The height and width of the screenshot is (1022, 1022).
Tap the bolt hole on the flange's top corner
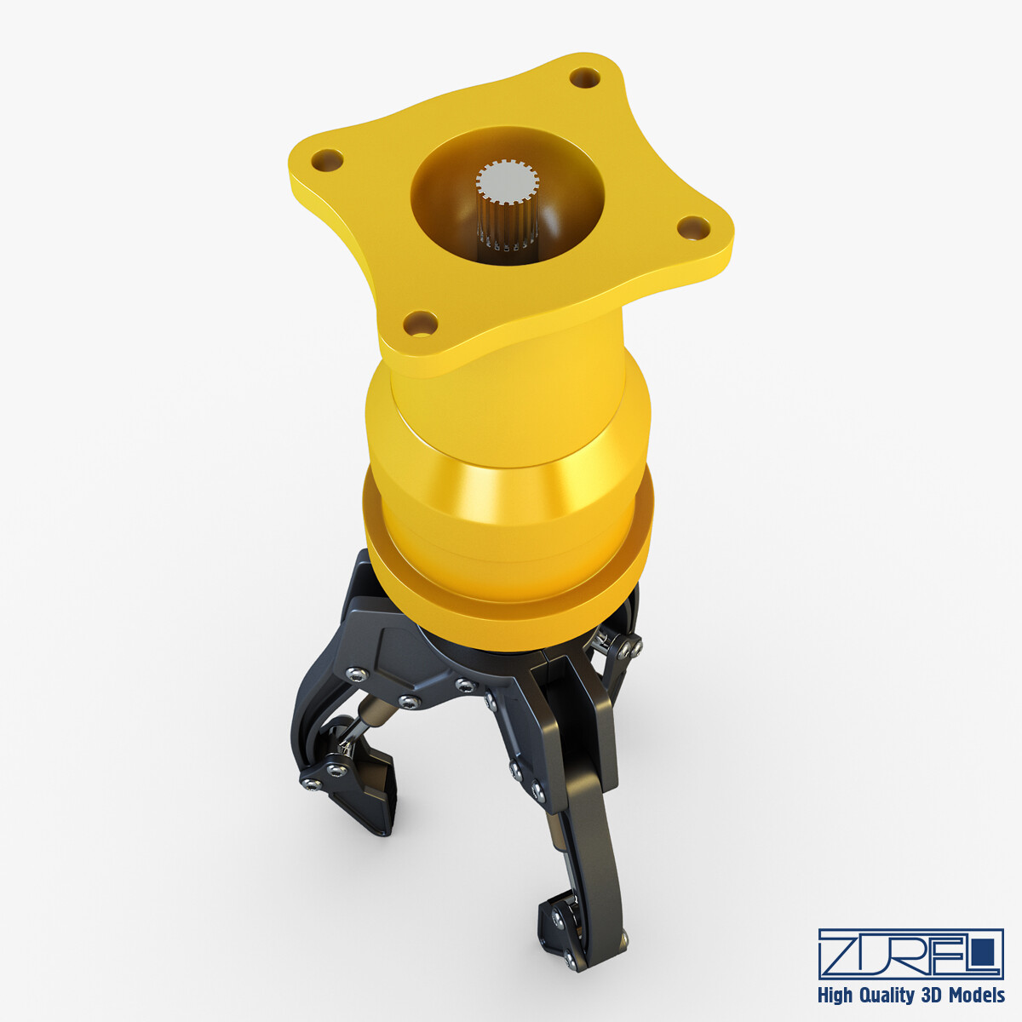584,78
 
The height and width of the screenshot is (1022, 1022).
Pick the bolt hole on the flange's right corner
694,227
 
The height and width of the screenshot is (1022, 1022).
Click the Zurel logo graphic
910,953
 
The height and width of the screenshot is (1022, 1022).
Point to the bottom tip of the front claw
579,962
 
